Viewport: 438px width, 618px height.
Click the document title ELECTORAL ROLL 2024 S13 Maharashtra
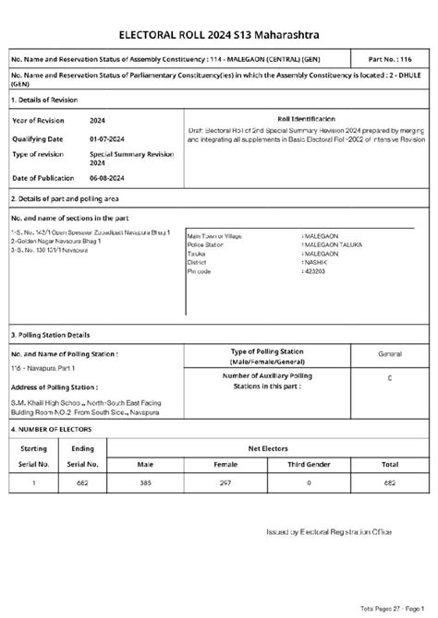[219, 34]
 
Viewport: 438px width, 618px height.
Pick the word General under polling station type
[389, 353]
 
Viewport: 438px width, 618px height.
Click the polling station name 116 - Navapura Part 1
[45, 368]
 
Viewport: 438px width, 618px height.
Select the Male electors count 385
[144, 482]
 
